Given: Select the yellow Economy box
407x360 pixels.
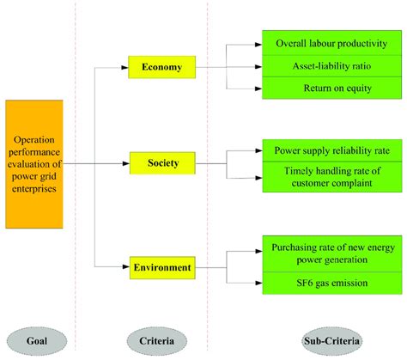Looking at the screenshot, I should (x=161, y=66).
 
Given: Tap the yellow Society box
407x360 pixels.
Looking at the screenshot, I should (x=161, y=162).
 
